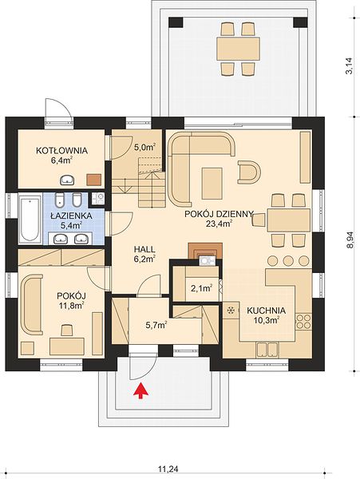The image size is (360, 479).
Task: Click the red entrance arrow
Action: click(140, 390)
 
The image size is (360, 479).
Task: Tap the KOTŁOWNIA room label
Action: click(61, 151)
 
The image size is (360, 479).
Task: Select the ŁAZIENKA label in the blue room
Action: click(71, 216)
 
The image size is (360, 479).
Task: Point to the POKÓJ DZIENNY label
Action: click(220, 214)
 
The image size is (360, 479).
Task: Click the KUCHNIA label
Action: click(267, 311)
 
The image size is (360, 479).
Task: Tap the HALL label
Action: click(144, 249)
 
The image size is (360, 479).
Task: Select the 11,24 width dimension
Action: click(168, 468)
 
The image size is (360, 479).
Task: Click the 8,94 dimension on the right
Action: click(350, 239)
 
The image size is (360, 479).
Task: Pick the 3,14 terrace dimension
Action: click(350, 65)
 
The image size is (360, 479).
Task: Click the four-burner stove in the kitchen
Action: click(303, 322)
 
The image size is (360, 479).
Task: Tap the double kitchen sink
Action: click(267, 350)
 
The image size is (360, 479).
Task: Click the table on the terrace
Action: click(238, 49)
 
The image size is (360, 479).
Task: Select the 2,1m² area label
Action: click(202, 288)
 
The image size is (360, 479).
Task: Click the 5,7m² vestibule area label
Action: click(156, 326)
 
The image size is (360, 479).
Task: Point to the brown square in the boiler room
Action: click(93, 180)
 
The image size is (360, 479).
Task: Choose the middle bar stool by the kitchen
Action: click(287, 260)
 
